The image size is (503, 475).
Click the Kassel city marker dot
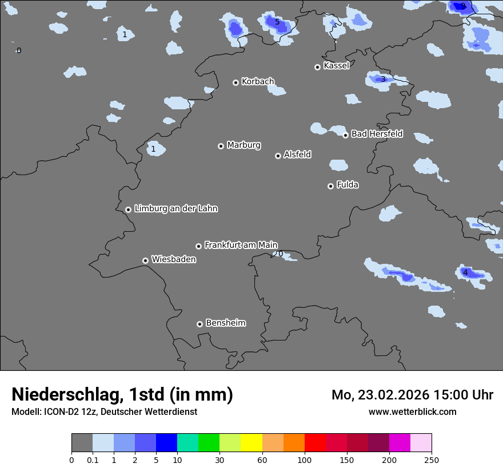[317, 67]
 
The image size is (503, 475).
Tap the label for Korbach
[258, 82]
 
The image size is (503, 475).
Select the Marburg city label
[243, 145]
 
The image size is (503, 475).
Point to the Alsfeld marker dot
[278, 156]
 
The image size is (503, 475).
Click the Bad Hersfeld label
[377, 134]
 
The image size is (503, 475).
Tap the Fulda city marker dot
[330, 186]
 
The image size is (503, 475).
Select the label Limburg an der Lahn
[175, 209]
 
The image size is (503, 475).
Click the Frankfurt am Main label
[241, 245]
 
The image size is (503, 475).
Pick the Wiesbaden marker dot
[145, 260]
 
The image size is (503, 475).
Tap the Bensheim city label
[225, 323]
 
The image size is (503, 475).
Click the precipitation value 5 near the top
[277, 22]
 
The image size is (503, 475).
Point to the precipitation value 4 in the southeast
[465, 273]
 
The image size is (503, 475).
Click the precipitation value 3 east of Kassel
[383, 80]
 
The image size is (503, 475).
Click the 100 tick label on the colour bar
[305, 460]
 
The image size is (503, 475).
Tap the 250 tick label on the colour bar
[432, 460]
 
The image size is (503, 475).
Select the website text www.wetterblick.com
[412, 412]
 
